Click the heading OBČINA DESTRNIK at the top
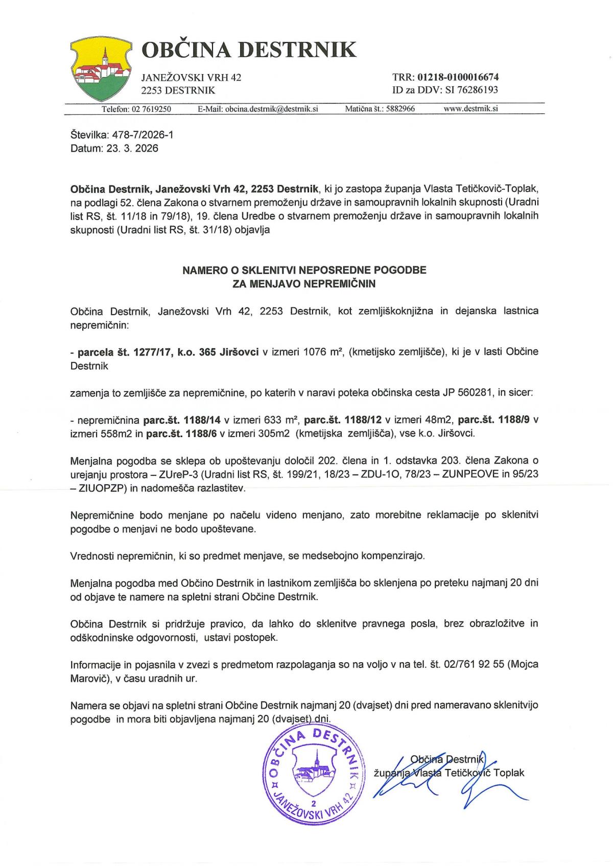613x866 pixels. pos(248,50)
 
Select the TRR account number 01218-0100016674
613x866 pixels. pos(458,78)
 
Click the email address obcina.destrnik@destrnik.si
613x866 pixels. pos(272,109)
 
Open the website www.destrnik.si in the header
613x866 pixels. pos(471,109)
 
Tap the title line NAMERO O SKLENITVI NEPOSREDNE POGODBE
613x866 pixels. pos(304,270)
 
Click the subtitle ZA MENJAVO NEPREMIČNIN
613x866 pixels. pos(304,284)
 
